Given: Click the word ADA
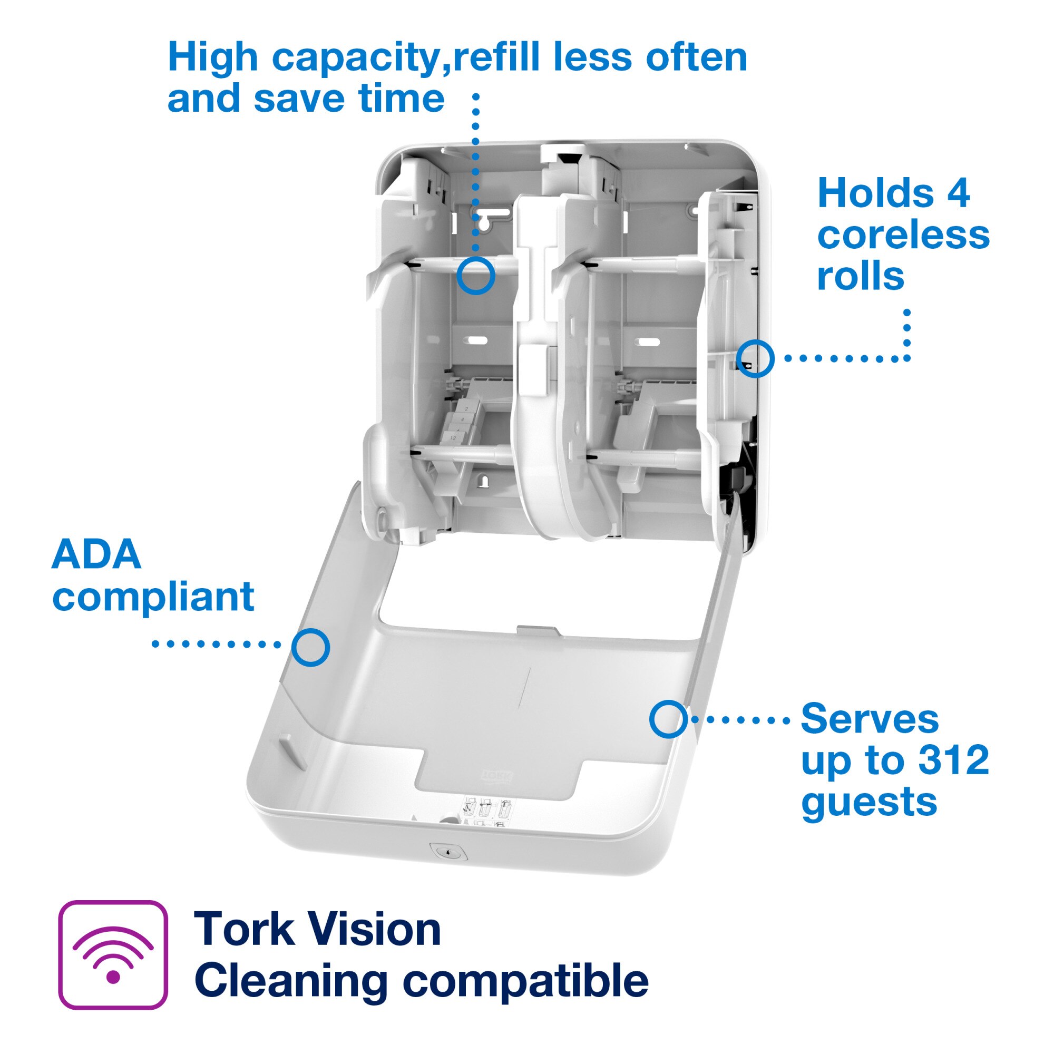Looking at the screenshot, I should [96, 554].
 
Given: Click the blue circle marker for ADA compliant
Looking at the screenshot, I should [310, 648].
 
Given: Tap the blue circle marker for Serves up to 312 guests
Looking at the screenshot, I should [668, 719].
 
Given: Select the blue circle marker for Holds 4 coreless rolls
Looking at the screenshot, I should [755, 358].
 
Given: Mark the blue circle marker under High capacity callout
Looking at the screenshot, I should [476, 276].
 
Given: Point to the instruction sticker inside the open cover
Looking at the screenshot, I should [487, 813].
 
